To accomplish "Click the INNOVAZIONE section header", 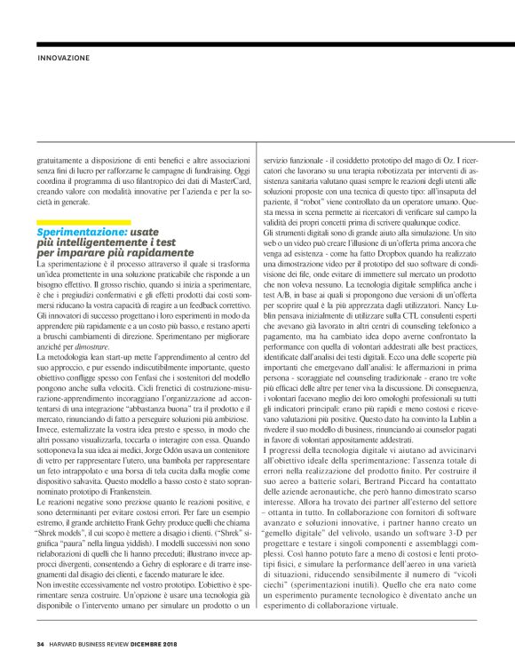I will (63, 59).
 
